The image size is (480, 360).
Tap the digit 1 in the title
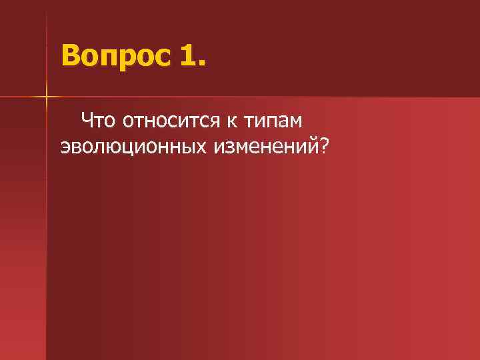pyautogui.click(x=187, y=54)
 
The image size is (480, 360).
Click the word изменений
pyautogui.click(x=266, y=145)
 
